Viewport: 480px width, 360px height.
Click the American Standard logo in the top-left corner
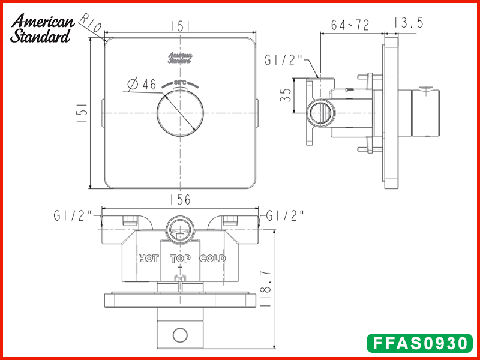(41, 29)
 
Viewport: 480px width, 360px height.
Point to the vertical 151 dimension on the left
(83, 113)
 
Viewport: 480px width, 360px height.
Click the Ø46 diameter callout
(142, 85)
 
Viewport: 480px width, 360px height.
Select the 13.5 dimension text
(409, 23)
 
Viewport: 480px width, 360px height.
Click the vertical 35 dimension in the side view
(287, 95)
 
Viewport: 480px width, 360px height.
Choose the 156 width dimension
(179, 200)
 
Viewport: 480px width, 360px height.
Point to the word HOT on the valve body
(148, 259)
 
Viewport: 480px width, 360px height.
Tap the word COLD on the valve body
(212, 259)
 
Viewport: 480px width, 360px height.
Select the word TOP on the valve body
(180, 259)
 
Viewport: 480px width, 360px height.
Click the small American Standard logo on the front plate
(180, 58)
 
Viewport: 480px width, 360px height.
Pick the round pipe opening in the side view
(319, 113)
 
